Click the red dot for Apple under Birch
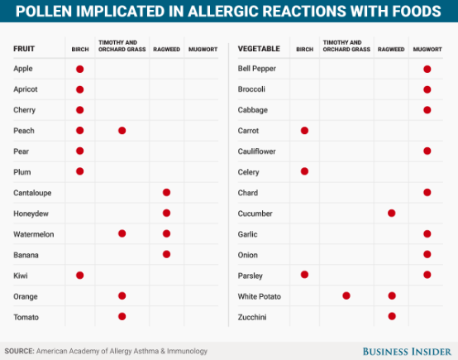coord(80,69)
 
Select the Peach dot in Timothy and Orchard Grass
coord(122,131)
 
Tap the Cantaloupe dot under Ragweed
coord(166,193)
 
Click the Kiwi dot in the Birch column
coord(80,275)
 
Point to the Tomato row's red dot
coord(122,316)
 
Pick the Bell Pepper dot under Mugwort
coord(427,69)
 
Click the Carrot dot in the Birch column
coord(304,131)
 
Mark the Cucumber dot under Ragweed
coord(391,214)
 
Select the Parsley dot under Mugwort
coord(427,275)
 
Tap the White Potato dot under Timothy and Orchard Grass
coord(346,295)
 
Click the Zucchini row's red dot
coord(391,316)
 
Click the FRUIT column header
coord(24,48)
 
